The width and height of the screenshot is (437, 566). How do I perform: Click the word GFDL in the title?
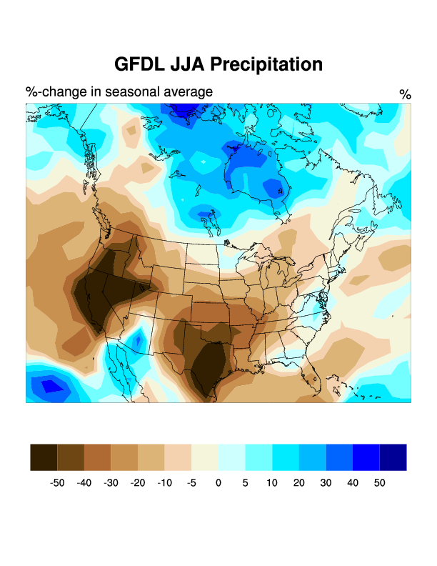point(140,64)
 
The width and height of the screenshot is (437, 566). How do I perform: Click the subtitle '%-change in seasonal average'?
point(119,91)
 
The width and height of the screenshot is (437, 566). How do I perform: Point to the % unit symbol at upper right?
point(405,94)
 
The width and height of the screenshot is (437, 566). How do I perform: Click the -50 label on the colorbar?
point(57,483)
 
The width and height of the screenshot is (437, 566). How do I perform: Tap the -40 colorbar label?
point(84,483)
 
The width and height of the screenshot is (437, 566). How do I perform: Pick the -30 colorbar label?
point(111,483)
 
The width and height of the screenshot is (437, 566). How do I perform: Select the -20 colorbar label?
point(138,483)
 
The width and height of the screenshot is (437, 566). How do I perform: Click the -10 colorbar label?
point(164,483)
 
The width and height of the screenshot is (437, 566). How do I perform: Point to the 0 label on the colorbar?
point(218,483)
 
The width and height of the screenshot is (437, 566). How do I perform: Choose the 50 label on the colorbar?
point(379,483)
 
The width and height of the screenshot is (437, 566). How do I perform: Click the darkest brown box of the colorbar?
point(44,457)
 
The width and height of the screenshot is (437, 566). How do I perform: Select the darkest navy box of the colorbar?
point(393,457)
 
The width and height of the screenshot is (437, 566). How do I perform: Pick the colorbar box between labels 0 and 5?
point(231,457)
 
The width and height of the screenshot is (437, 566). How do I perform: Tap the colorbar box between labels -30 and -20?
point(124,457)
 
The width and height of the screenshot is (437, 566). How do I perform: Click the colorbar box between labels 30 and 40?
point(339,457)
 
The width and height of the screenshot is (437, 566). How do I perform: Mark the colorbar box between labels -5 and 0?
point(205,457)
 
